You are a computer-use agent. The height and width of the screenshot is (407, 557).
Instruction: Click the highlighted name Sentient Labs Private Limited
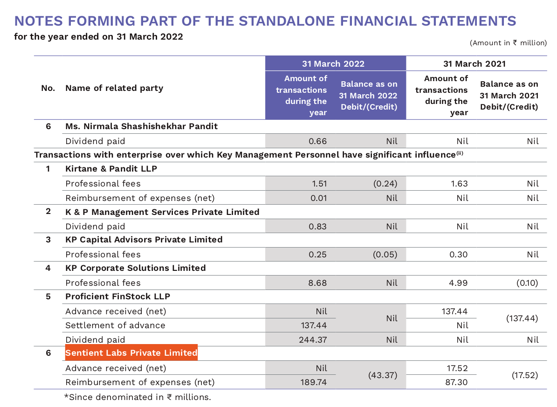pos(131,353)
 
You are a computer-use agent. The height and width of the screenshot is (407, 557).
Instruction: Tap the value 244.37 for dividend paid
pos(313,339)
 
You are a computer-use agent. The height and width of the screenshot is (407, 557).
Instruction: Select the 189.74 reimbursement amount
pos(313,382)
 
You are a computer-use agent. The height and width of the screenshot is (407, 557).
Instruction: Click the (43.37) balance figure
pos(382,375)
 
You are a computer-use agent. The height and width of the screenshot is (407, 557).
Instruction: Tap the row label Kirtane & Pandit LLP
pos(111,169)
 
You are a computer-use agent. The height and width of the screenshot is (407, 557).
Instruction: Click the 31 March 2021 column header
pos(474,64)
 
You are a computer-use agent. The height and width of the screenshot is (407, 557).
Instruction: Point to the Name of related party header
pos(114,88)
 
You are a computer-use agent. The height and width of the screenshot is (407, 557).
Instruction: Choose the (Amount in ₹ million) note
pos(508,43)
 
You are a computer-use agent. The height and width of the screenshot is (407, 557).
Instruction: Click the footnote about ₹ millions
pos(138,397)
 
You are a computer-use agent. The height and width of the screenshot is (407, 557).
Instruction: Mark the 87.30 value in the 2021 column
pos(457,382)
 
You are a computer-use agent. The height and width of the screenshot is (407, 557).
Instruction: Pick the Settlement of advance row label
pos(115,325)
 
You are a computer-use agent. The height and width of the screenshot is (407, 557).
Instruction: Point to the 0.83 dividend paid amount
pos(318,226)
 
